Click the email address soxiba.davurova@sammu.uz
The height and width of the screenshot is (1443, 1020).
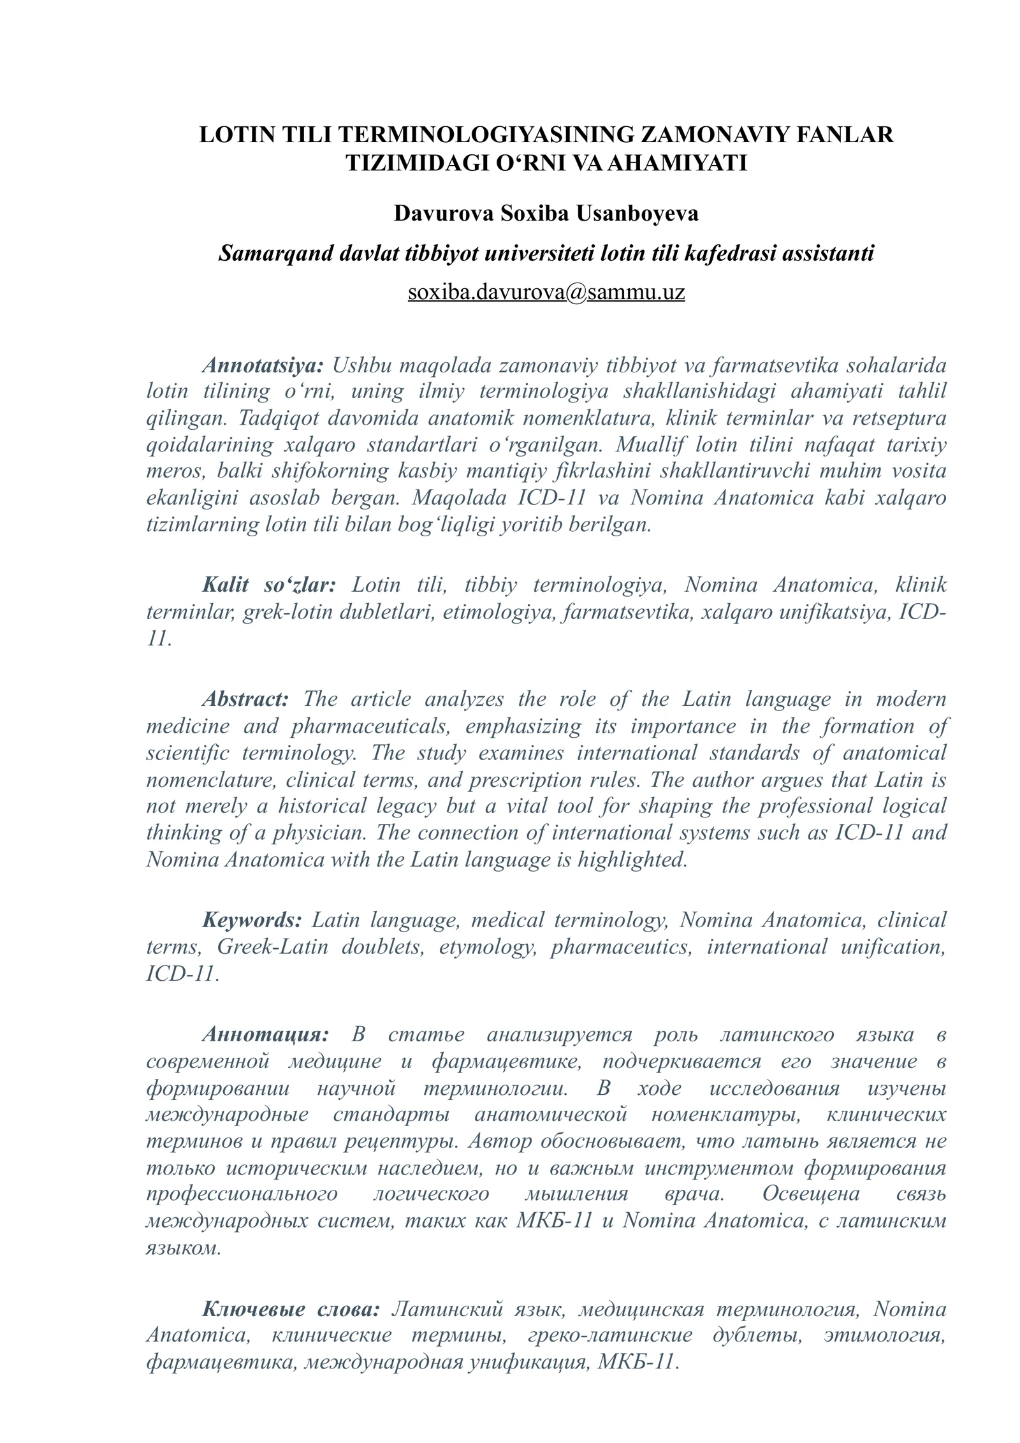click(x=546, y=292)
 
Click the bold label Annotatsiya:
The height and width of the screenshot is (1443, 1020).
click(x=263, y=365)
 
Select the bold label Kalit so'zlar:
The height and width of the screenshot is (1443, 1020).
click(x=268, y=585)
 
